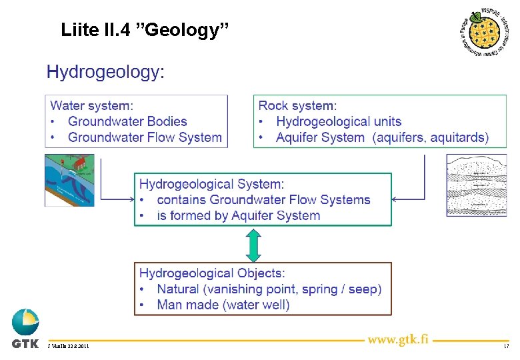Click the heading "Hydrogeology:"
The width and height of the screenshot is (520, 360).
click(x=105, y=72)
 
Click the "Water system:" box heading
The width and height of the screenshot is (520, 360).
click(x=92, y=105)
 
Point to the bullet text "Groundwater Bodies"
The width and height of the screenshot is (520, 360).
click(x=127, y=121)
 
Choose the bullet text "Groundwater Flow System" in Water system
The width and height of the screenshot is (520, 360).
click(x=145, y=137)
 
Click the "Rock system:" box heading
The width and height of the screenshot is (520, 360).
click(x=297, y=105)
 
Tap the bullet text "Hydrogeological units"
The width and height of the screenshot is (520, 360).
click(x=339, y=121)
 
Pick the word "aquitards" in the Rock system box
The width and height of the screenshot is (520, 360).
click(x=459, y=137)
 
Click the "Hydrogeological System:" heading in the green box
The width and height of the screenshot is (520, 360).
click(x=211, y=183)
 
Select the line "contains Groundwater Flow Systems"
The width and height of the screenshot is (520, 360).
click(x=263, y=199)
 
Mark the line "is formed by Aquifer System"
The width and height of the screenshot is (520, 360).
click(x=238, y=215)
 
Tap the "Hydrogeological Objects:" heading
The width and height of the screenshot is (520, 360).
click(x=212, y=273)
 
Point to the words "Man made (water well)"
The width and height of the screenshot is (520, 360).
click(x=223, y=305)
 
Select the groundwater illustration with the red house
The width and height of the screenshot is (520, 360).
click(x=69, y=180)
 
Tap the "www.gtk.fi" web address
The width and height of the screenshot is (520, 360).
click(x=399, y=339)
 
